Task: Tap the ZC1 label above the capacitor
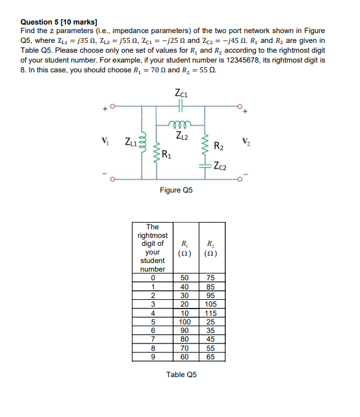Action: [x=181, y=94]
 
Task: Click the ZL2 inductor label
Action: [x=181, y=135]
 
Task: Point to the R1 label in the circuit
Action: [x=165, y=154]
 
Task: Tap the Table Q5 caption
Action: [x=182, y=374]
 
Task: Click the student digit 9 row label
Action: [x=153, y=355]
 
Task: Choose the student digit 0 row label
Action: [x=153, y=278]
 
